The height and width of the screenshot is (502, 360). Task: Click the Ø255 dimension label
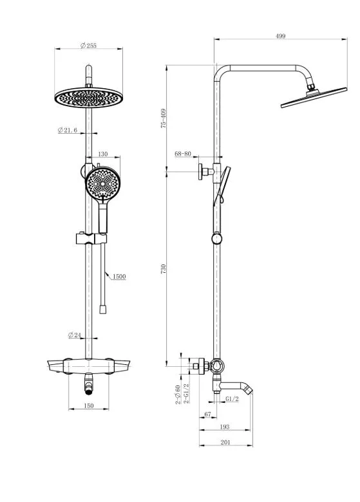(88, 46)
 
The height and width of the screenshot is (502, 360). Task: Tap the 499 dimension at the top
(280, 36)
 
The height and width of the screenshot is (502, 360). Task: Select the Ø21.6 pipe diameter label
(68, 129)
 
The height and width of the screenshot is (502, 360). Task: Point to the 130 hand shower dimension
(103, 154)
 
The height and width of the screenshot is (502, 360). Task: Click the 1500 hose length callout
(119, 276)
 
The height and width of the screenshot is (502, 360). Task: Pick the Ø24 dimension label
(74, 335)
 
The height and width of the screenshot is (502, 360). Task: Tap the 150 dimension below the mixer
(88, 405)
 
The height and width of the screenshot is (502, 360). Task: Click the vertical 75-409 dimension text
(164, 118)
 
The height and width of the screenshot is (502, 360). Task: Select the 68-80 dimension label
(182, 154)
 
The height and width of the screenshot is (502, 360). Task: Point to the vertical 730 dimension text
(164, 268)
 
